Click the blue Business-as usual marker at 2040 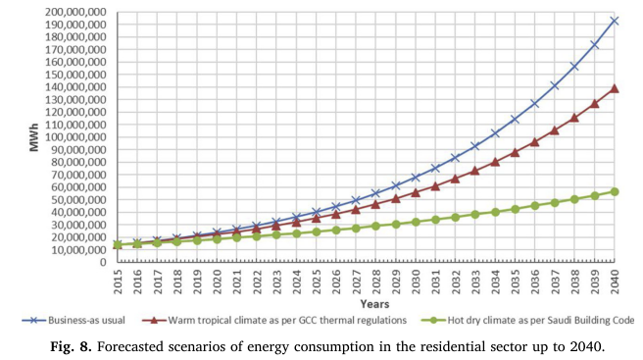pyautogui.click(x=614, y=21)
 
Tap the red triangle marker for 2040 pyautogui.click(x=614, y=88)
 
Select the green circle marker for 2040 pyautogui.click(x=614, y=191)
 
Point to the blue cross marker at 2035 pyautogui.click(x=515, y=120)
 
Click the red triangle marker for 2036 pyautogui.click(x=534, y=142)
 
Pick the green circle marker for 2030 pyautogui.click(x=416, y=222)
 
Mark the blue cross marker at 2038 pyautogui.click(x=574, y=66)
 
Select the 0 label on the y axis pyautogui.click(x=104, y=262)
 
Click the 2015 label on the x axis pyautogui.click(x=118, y=282)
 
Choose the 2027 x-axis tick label pyautogui.click(x=356, y=282)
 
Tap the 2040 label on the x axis pyautogui.click(x=614, y=282)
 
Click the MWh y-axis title pyautogui.click(x=34, y=137)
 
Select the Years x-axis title pyautogui.click(x=374, y=304)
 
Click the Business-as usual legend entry pyautogui.click(x=74, y=320)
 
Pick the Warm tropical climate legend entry pyautogui.click(x=274, y=320)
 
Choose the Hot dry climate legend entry pyautogui.click(x=527, y=320)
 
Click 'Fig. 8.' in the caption pyautogui.click(x=71, y=347)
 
